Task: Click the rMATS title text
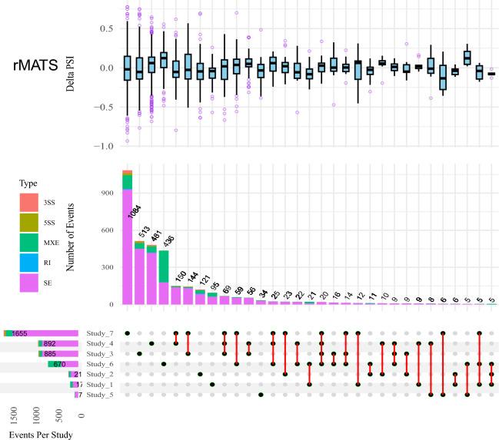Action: (x=45, y=67)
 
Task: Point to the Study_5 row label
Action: (x=100, y=395)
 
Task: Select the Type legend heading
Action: (x=28, y=184)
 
